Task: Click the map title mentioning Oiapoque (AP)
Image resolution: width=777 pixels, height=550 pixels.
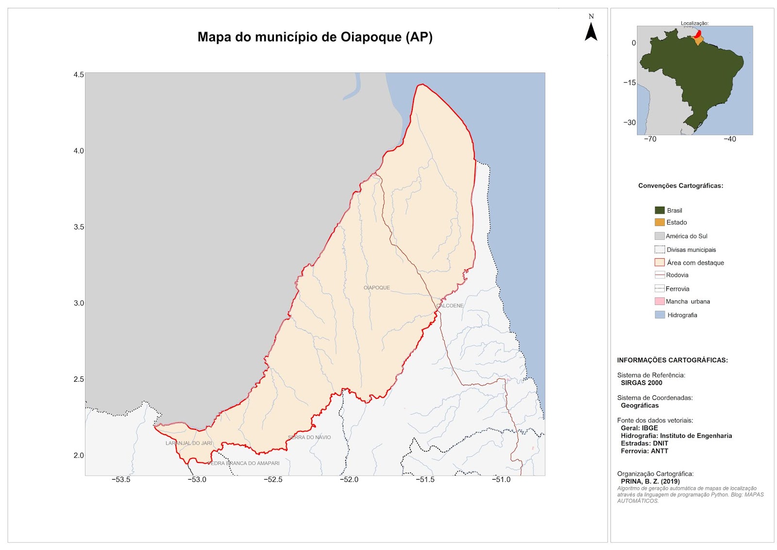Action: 315,37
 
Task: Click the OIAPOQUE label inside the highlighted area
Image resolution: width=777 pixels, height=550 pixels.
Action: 376,288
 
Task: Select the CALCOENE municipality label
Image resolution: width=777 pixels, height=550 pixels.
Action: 450,306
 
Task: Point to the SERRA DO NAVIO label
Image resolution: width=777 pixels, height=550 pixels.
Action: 309,437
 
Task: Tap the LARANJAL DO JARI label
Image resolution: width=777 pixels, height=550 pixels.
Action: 189,443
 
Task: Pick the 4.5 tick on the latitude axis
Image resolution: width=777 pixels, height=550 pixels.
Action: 79,74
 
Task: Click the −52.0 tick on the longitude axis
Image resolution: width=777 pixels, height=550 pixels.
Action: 349,479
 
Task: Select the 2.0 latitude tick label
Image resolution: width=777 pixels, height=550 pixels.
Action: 79,455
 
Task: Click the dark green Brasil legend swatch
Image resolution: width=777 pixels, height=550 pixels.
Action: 659,210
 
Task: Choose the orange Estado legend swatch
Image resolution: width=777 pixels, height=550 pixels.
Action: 659,222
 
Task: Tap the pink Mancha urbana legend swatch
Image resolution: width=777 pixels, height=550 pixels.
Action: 659,302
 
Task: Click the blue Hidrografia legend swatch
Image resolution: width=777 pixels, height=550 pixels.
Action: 659,315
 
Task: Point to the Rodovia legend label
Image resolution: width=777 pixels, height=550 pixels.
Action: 677,275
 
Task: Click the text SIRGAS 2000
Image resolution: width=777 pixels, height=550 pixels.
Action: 641,383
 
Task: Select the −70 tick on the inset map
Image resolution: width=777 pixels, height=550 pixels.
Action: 650,139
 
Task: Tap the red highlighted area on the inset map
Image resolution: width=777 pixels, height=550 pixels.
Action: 698,34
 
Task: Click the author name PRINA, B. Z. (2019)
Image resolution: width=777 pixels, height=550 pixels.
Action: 650,481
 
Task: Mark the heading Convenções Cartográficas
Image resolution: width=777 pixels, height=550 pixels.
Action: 680,186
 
